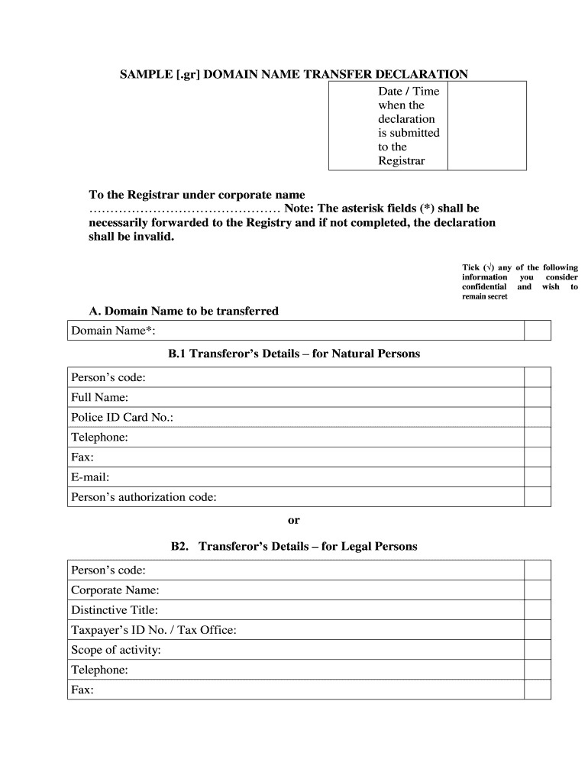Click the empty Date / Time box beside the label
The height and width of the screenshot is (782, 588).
pos(486,126)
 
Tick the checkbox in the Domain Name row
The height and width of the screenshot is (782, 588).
pos(537,330)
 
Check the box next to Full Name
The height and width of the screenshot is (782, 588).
pos(537,397)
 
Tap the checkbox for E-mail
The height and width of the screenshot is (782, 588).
pos(537,477)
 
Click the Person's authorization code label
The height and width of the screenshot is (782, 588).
pos(144,497)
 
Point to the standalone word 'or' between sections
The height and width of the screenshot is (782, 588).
pos(294,520)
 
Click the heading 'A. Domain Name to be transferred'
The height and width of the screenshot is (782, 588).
pos(183,311)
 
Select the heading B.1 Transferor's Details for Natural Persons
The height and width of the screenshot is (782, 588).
pos(294,354)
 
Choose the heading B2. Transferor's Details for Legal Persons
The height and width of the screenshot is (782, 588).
pos(294,547)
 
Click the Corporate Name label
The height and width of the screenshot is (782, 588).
pos(115,590)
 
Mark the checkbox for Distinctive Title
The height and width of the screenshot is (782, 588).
pos(537,610)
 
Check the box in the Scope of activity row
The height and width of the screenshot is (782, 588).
pos(537,650)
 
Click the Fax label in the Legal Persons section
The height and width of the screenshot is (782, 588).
pos(82,690)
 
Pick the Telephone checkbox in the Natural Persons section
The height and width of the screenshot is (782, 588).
pos(537,437)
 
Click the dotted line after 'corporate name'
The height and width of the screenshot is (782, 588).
pos(184,209)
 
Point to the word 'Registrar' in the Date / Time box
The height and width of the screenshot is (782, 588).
pos(402,160)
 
